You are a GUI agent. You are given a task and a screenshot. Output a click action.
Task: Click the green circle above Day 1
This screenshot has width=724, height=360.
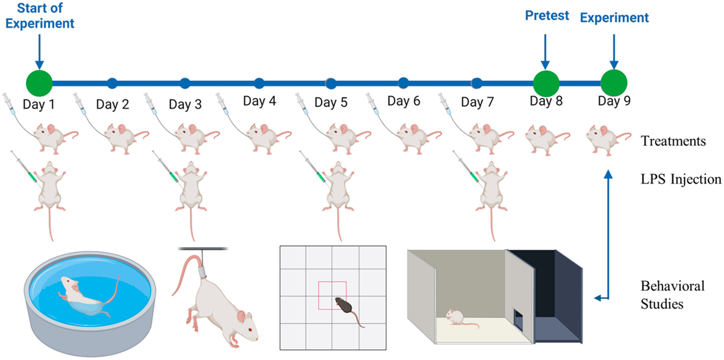pyautogui.click(x=39, y=83)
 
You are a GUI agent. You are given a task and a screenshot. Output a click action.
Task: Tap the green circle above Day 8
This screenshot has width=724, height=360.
pyautogui.click(x=546, y=83)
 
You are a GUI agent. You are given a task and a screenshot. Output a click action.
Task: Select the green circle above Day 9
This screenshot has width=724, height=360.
pyautogui.click(x=614, y=83)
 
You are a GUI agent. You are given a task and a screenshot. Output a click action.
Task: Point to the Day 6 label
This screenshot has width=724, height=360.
pyautogui.click(x=404, y=101)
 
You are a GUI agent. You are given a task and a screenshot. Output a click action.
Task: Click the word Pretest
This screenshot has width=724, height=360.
pyautogui.click(x=547, y=15)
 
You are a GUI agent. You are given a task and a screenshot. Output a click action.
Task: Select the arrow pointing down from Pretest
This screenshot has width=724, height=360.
pyautogui.click(x=545, y=52)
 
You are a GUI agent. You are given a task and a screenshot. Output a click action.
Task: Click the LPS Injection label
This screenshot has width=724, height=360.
pyautogui.click(x=681, y=179)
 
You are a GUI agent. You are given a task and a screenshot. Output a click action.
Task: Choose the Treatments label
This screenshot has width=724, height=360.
pyautogui.click(x=673, y=141)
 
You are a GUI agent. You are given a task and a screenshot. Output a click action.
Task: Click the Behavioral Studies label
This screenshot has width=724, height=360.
pyautogui.click(x=672, y=295)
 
